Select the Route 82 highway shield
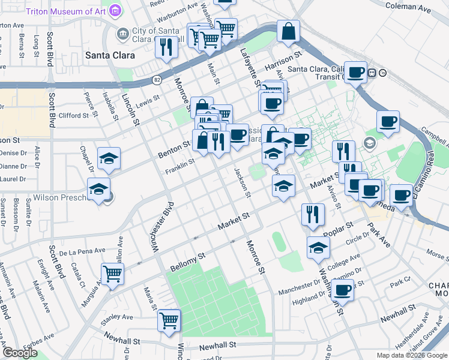click(x=157, y=79)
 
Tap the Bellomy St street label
click(x=188, y=257)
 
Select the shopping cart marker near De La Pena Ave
click(x=112, y=274)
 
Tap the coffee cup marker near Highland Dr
click(x=342, y=291)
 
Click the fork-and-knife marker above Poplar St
click(x=313, y=214)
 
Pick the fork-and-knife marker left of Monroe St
click(x=164, y=47)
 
